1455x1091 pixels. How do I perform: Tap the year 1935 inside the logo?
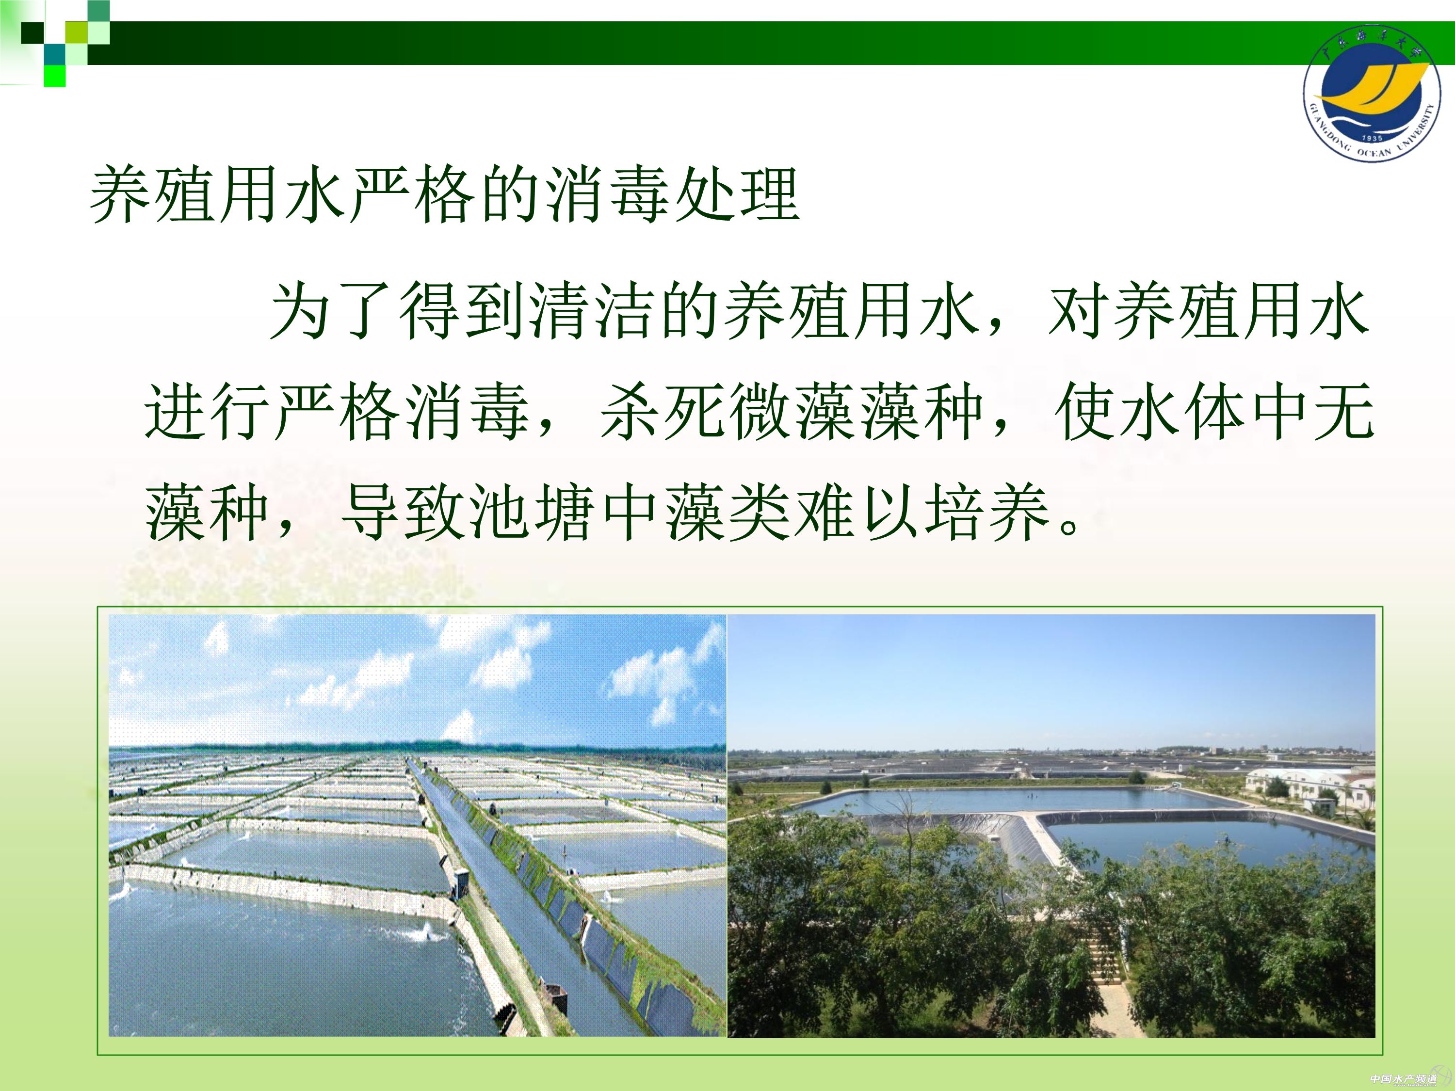[1372, 138]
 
